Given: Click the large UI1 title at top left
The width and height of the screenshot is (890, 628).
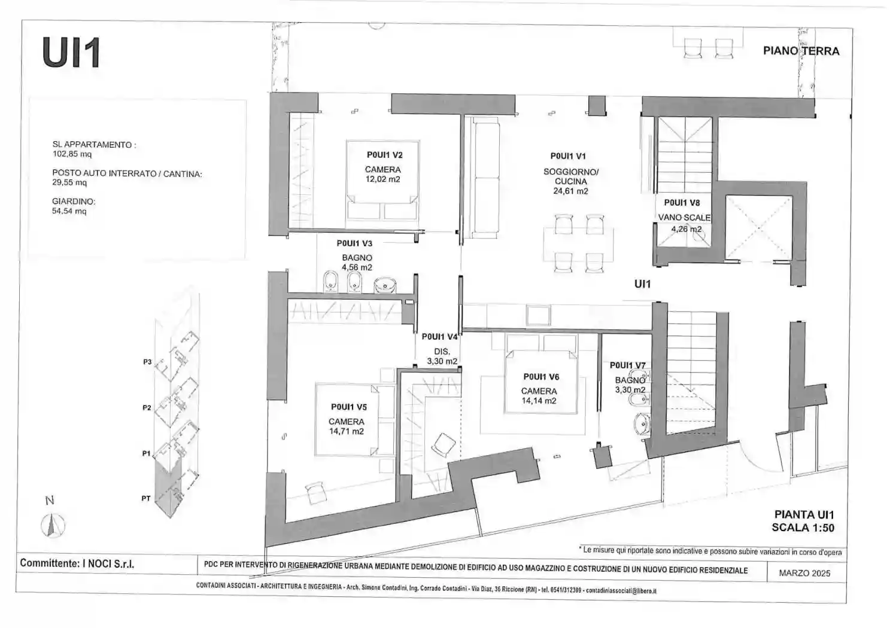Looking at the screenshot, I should [71, 53].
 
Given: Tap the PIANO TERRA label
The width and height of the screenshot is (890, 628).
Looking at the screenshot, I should [801, 51].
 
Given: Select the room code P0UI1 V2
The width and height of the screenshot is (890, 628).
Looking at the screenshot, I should [384, 155].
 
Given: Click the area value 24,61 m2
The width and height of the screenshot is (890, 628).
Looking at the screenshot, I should [570, 191].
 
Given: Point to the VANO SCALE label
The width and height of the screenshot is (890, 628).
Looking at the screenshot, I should [684, 218].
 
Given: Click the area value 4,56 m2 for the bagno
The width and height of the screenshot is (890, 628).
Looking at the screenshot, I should [357, 267].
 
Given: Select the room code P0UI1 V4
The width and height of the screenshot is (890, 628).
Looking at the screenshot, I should [439, 337].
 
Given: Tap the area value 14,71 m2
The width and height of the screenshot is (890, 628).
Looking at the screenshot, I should [346, 431].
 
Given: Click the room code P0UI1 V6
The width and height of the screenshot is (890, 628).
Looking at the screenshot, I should [541, 377].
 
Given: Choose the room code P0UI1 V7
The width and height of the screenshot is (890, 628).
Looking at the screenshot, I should [628, 365].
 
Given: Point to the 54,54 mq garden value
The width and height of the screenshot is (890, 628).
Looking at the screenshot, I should [69, 211].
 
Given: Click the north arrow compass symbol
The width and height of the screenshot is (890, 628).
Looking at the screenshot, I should [53, 525].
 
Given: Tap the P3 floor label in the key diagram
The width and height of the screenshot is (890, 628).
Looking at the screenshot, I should [147, 362].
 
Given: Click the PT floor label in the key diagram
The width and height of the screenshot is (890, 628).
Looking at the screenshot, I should [145, 498].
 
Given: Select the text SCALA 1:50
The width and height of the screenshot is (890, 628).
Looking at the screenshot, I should [803, 528].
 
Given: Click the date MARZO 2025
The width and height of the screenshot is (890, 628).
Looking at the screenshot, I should [804, 573].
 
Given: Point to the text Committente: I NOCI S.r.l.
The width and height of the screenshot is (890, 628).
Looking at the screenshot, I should [77, 563].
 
